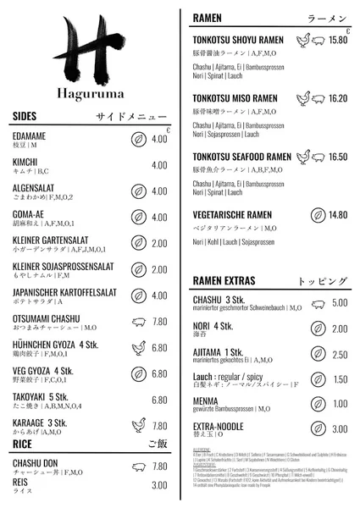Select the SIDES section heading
[x=25, y=116]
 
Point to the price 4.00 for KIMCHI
[x=159, y=165]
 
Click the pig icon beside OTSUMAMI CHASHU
[x=138, y=322]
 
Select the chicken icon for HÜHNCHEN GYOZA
[x=138, y=347]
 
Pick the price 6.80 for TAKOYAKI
[x=159, y=400]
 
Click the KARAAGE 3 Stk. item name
[x=40, y=423]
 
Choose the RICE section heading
[x=23, y=443]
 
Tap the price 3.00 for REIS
[x=159, y=485]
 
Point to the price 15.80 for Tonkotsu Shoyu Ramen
[x=338, y=40]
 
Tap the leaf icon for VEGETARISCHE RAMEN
[x=318, y=215]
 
